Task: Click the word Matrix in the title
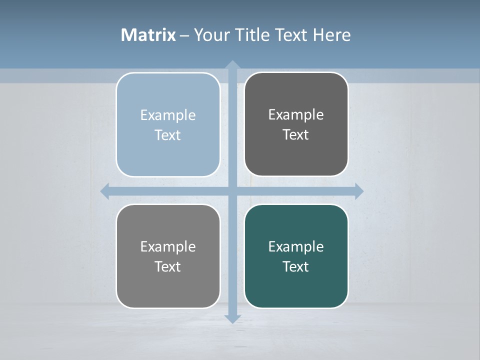148,35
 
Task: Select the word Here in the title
331,35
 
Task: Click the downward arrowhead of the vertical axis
232,318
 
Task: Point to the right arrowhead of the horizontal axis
358,191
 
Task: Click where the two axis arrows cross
232,191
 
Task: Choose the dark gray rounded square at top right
296,155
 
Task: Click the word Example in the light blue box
168,115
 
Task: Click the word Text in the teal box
296,266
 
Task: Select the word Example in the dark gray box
296,114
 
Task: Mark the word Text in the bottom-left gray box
168,266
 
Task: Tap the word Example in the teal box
296,246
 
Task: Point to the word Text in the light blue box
168,135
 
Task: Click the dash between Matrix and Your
184,35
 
